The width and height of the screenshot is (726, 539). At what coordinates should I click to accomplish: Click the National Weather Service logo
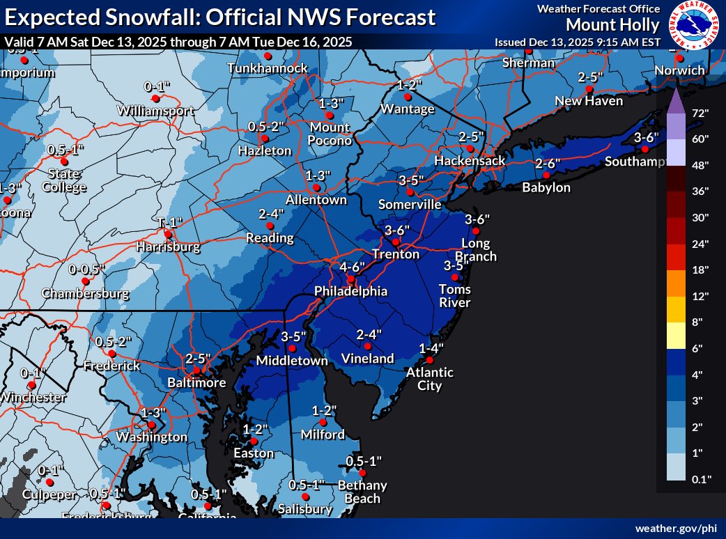pos(694,25)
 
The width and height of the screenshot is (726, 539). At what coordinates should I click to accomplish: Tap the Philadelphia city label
pos(350,291)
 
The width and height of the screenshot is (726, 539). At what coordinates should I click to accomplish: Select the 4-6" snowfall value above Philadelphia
pos(353,267)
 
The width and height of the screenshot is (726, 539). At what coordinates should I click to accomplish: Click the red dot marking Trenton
pos(394,242)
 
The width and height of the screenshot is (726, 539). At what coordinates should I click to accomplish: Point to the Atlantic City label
pos(431,379)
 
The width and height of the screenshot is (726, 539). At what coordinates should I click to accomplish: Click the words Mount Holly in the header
pos(612,25)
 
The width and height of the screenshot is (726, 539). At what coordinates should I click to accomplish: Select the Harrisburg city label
pos(168,247)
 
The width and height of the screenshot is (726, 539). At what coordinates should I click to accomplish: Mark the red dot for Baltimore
pos(196,370)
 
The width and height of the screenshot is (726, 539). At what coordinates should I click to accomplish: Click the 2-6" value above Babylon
pos(548,164)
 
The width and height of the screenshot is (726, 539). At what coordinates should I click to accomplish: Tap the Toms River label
pos(455,296)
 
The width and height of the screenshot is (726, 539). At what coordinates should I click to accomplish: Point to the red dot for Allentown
pos(316,187)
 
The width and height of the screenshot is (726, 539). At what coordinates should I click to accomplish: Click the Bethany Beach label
pos(362,492)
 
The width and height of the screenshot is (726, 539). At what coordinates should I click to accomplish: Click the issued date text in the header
pos(577,42)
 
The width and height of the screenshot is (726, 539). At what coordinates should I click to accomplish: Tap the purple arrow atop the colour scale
pos(675,102)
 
